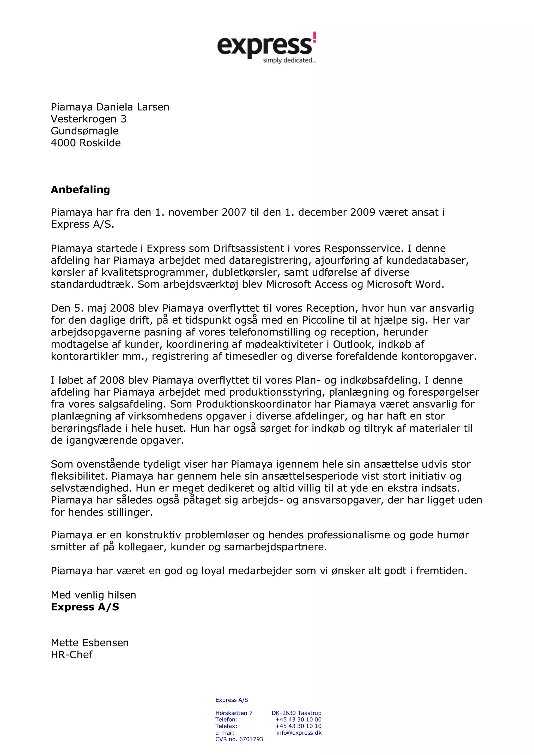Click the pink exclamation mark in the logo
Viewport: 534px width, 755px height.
click(314, 38)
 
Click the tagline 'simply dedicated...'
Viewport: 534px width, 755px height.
click(289, 60)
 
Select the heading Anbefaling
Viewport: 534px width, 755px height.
click(80, 190)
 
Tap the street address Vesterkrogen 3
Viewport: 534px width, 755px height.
click(88, 119)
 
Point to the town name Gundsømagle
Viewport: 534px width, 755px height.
click(84, 131)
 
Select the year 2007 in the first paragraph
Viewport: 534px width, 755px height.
click(234, 212)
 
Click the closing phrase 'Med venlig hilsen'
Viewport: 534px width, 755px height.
click(93, 595)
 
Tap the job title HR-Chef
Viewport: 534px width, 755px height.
click(72, 655)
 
